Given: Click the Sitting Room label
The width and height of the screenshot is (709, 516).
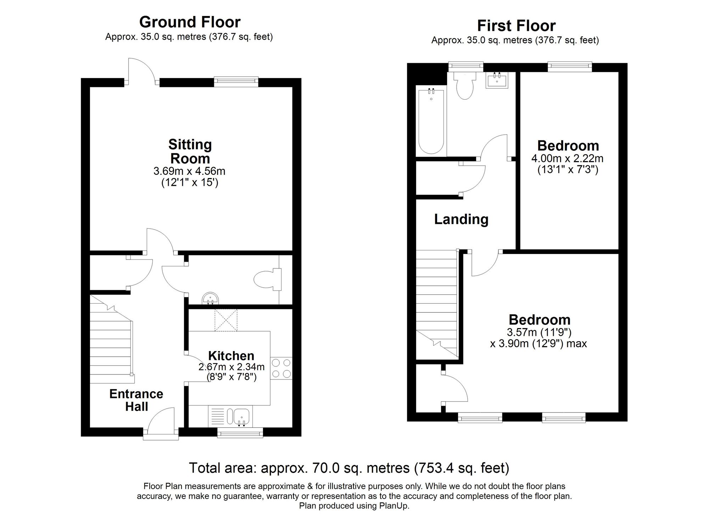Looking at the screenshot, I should [x=190, y=151].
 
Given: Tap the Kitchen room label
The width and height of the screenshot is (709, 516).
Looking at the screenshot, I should [x=231, y=356].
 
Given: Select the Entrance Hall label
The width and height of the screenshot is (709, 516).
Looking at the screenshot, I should [x=136, y=400].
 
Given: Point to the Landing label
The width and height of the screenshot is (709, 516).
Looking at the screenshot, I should [x=461, y=219].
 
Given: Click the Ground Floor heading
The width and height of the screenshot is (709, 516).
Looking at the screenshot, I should [x=190, y=22].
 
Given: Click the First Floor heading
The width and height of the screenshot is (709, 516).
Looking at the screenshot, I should [x=516, y=26].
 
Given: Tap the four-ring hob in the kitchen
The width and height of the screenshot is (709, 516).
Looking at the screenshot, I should [x=281, y=368].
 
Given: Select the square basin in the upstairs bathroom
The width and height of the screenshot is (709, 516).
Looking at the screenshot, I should [x=497, y=80].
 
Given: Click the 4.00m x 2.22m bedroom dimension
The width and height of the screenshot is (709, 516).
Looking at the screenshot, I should [x=567, y=158].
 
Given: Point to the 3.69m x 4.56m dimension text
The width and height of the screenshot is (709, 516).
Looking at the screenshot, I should [x=189, y=171].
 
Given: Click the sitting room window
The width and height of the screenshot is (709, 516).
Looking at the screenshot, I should [x=236, y=82].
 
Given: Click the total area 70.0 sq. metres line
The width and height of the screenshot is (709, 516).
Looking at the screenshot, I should [x=349, y=468].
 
